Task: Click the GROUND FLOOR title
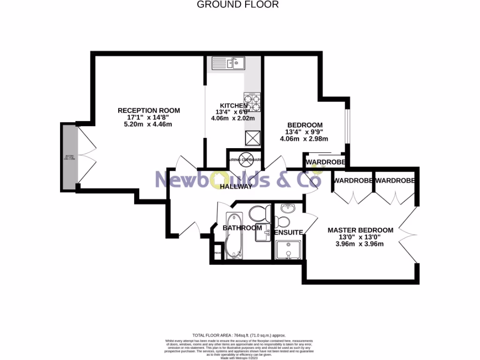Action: (x=238, y=5)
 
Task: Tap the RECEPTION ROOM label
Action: (x=149, y=111)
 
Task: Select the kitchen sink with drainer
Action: (x=228, y=63)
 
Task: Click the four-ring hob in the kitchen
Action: (x=252, y=102)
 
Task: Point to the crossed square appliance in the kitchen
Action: (x=252, y=138)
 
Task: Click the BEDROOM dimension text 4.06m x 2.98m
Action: (x=304, y=139)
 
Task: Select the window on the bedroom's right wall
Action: (x=347, y=125)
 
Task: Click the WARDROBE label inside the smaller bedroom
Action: (x=325, y=162)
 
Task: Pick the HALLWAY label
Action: (x=236, y=186)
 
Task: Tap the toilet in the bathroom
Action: (x=257, y=214)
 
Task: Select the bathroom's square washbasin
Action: (x=263, y=232)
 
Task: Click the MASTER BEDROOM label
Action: (x=360, y=230)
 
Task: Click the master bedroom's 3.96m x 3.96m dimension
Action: (x=360, y=244)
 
